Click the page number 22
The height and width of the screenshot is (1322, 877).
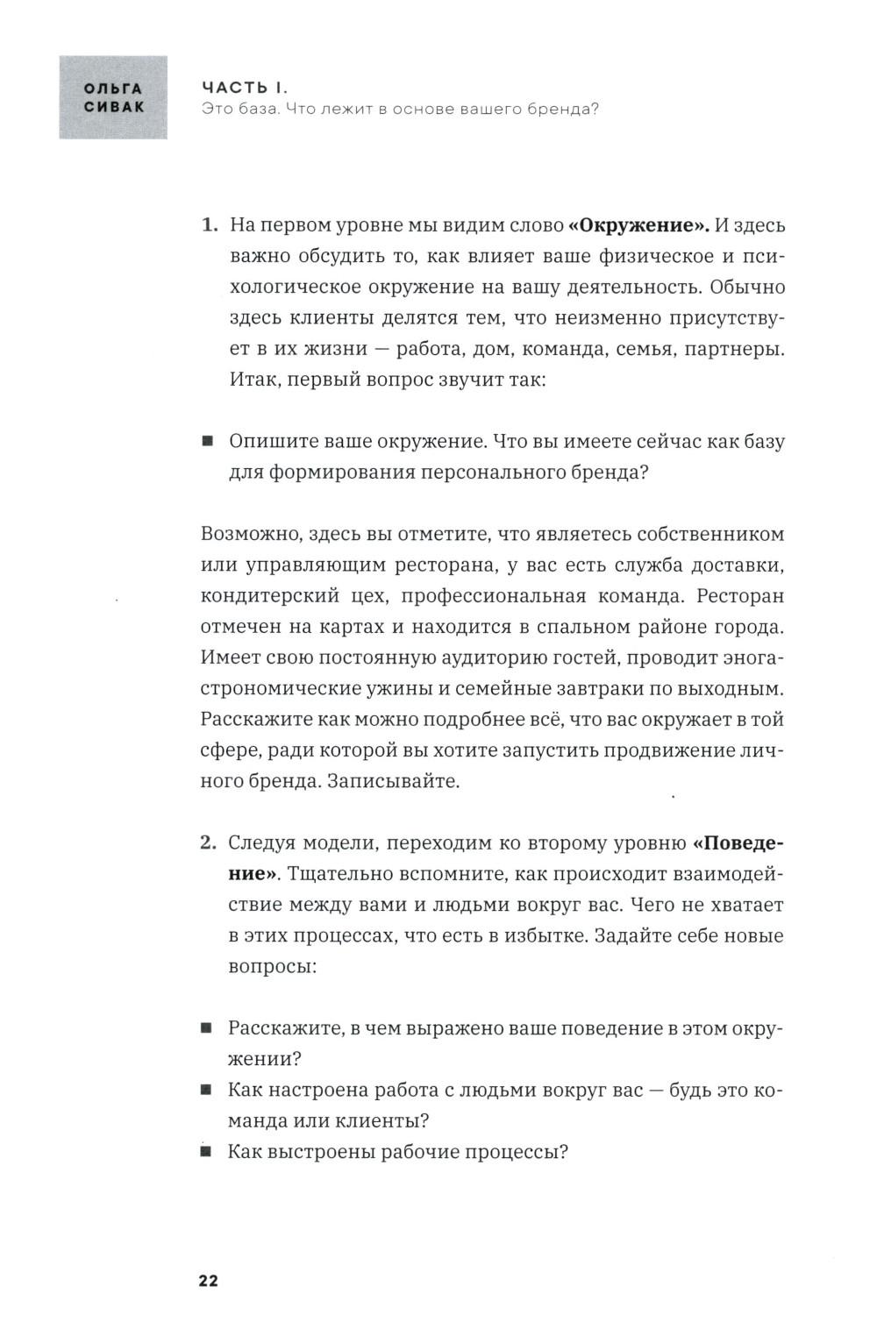(x=208, y=1281)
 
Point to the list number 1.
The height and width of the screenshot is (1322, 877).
(x=209, y=225)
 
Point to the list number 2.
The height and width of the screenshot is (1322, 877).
(x=209, y=843)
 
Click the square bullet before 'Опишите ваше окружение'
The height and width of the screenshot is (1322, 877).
(x=207, y=442)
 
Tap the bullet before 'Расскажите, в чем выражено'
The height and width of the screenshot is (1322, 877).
(x=207, y=1028)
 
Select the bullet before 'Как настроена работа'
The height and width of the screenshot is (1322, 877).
(x=207, y=1091)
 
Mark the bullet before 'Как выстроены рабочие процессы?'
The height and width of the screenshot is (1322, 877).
(x=207, y=1152)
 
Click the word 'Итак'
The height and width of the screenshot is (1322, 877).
(x=252, y=380)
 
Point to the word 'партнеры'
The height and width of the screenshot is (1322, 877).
(x=740, y=349)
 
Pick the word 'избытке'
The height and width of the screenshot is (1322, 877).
(x=545, y=935)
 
